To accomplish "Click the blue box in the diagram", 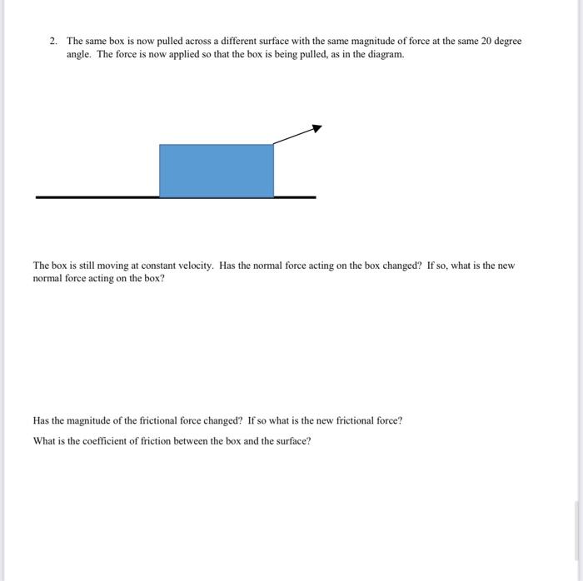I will (x=217, y=171).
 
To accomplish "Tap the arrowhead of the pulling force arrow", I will (x=316, y=128).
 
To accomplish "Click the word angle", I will (x=79, y=53).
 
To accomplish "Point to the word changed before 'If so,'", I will (x=397, y=266).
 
